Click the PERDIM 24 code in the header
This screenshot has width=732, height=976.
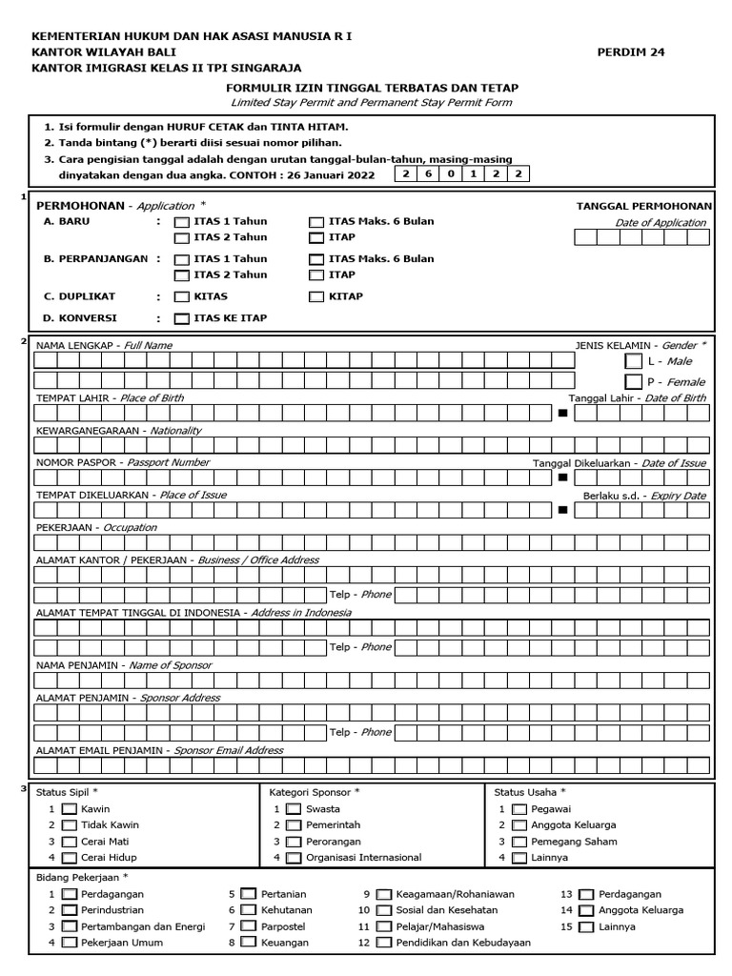(x=631, y=52)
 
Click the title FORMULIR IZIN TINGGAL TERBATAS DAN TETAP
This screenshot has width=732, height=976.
(x=371, y=87)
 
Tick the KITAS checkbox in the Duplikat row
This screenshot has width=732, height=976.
(x=181, y=296)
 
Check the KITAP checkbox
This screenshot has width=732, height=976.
(x=315, y=296)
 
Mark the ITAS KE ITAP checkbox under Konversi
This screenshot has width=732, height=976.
(x=181, y=318)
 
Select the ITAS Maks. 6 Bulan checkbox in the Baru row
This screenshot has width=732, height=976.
(x=315, y=222)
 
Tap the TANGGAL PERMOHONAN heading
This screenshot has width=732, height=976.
(x=643, y=205)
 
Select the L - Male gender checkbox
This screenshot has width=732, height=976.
(x=633, y=361)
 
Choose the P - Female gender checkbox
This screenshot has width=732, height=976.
(x=633, y=381)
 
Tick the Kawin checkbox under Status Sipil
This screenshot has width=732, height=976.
(x=69, y=809)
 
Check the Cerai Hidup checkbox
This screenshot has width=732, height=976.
(x=69, y=858)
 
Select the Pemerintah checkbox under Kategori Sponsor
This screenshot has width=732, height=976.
(x=294, y=825)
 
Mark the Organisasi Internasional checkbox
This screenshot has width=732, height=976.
(x=294, y=858)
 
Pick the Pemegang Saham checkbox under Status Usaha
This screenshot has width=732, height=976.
(x=518, y=842)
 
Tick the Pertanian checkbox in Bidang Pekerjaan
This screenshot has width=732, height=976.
(x=248, y=894)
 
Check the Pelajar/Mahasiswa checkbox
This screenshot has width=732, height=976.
(x=383, y=926)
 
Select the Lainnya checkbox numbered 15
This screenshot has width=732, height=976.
(x=586, y=926)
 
